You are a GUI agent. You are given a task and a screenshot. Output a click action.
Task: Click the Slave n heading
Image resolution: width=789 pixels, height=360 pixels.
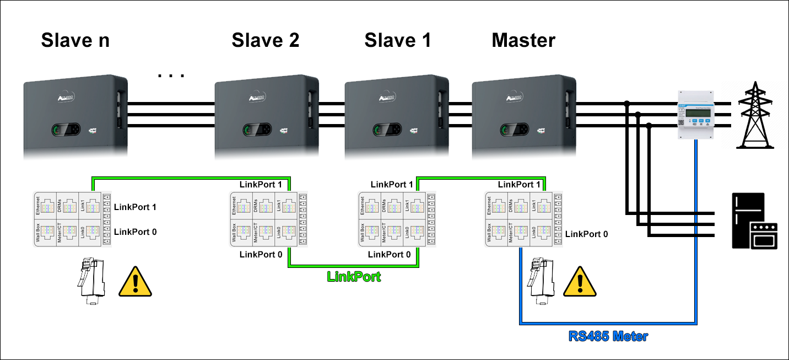click(x=75, y=40)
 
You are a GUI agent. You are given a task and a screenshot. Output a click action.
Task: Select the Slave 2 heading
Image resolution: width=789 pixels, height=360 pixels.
click(x=265, y=40)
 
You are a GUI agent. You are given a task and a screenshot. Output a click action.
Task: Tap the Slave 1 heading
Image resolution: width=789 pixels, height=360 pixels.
click(x=397, y=40)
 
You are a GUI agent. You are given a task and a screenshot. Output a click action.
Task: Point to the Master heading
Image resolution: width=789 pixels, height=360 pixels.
click(x=523, y=40)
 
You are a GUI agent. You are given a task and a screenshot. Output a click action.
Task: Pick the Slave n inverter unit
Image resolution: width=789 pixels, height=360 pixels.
click(x=75, y=117)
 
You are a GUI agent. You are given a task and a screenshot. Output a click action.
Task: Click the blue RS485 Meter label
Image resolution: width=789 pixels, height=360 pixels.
click(x=608, y=335)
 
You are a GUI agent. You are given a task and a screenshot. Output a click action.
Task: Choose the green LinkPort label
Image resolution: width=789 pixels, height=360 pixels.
click(x=354, y=277)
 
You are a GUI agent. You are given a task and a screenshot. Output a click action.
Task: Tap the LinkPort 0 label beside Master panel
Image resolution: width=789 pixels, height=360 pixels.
click(x=586, y=234)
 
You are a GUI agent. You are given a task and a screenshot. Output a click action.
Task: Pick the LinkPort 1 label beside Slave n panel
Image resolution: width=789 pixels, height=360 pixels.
click(x=135, y=207)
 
